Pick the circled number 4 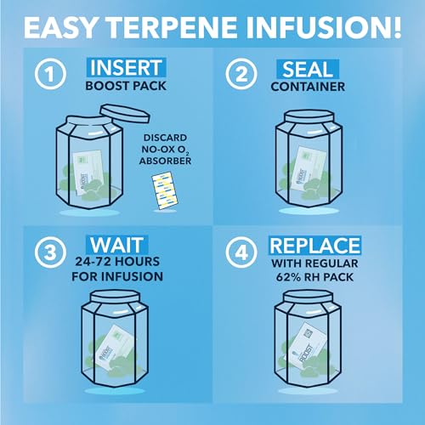click(246, 254)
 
